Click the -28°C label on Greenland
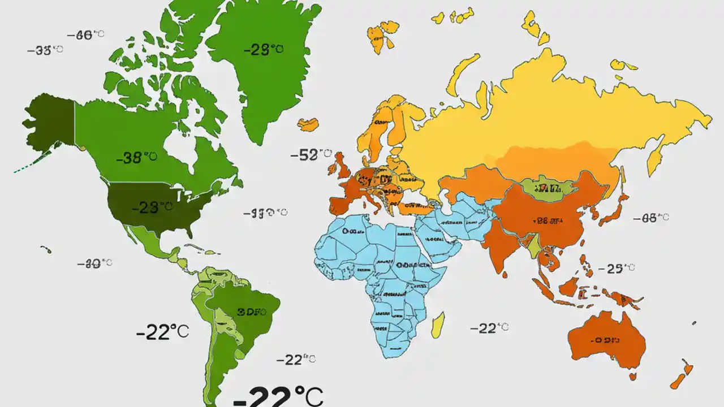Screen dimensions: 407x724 pos(264,50)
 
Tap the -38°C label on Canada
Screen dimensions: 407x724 pos(136,158)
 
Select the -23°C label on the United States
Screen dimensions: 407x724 pos(152,207)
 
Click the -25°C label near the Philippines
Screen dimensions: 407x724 pos(617,268)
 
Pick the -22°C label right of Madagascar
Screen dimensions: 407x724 pos(489,328)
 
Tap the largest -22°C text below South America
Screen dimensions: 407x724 pos(277,396)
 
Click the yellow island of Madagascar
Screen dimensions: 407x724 pos(438,326)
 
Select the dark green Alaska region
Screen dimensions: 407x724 pos(51,122)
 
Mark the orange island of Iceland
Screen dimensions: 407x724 pos(308,124)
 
